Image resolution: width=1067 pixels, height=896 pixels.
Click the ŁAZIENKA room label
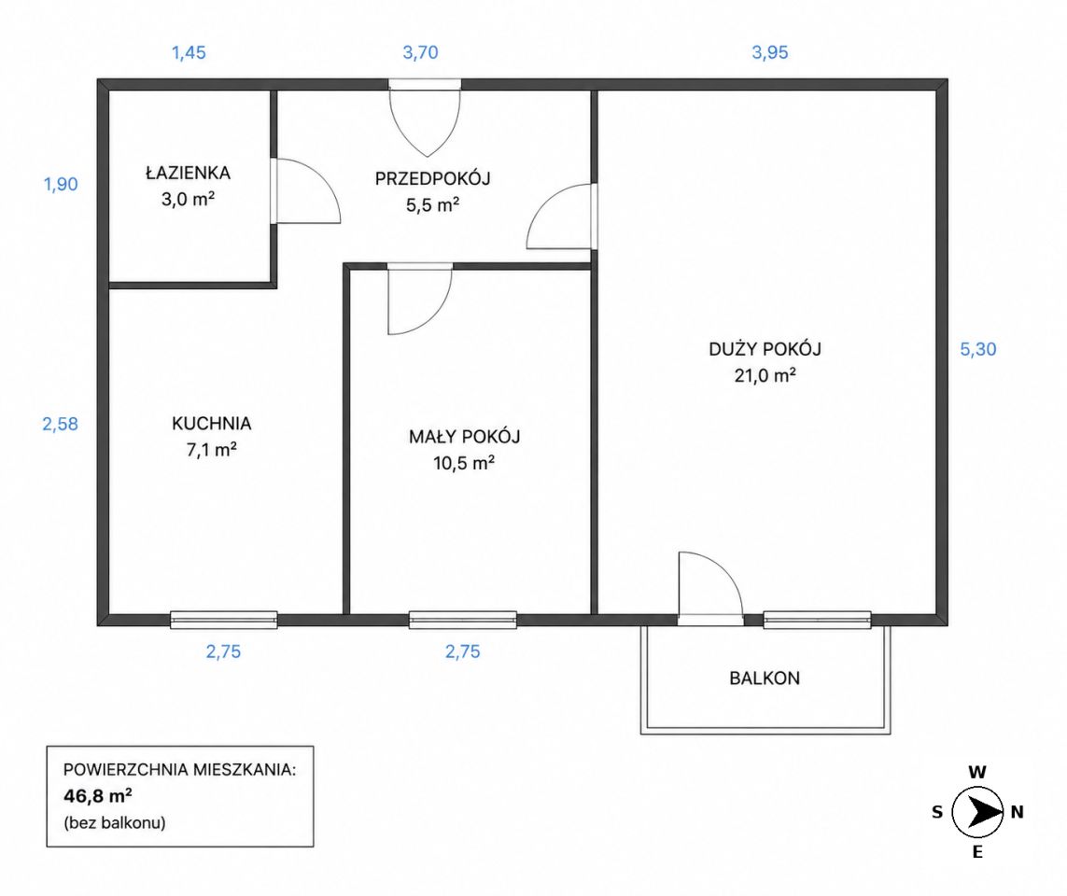click(188, 173)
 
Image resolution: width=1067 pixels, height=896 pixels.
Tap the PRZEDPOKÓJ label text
click(433, 179)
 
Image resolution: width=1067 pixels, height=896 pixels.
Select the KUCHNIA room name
click(212, 423)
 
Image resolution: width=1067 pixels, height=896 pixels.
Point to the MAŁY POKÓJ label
click(464, 437)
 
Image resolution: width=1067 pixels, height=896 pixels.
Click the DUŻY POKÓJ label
click(765, 349)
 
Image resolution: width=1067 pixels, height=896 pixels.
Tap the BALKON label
click(765, 679)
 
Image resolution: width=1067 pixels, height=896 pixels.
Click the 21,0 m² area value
click(765, 375)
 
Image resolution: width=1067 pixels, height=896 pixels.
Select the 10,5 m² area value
click(463, 463)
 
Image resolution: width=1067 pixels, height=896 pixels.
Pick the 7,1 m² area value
click(212, 450)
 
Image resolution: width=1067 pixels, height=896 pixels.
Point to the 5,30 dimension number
click(978, 350)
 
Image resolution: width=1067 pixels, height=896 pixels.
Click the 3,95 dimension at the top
click(769, 52)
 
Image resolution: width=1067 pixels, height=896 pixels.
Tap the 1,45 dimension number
click(189, 52)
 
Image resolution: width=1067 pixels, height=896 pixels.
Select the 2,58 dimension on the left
click(60, 424)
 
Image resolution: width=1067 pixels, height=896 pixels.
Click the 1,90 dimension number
click(61, 184)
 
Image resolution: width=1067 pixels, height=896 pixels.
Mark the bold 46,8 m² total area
click(97, 795)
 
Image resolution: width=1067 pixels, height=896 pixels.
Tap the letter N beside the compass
click(1018, 812)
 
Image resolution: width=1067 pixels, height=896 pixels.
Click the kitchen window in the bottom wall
click(223, 620)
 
